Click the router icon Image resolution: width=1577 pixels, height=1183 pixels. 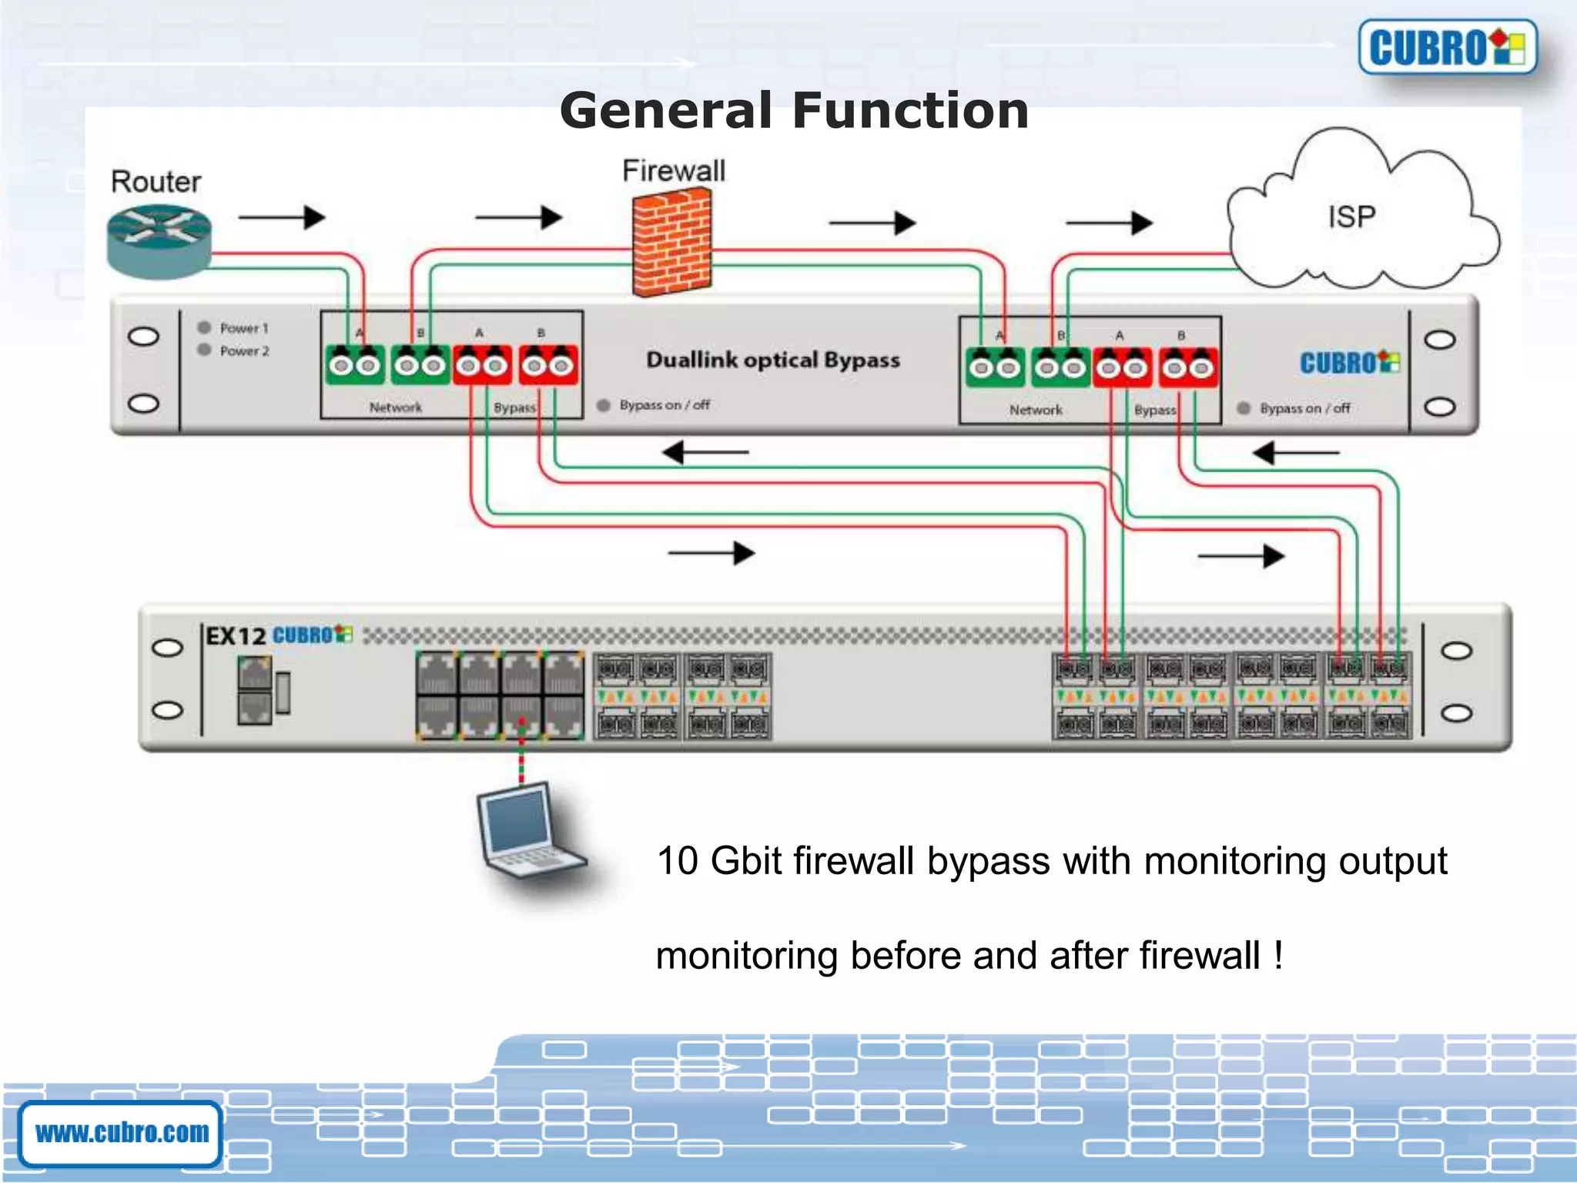pyautogui.click(x=159, y=240)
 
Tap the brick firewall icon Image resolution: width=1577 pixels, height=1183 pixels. pyautogui.click(x=672, y=243)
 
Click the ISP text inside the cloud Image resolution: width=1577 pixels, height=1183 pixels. pyautogui.click(x=1351, y=216)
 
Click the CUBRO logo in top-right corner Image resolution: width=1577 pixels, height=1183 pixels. pyautogui.click(x=1447, y=48)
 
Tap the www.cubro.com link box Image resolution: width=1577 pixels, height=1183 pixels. pyautogui.click(x=122, y=1133)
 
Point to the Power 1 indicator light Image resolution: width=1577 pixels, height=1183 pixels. pyautogui.click(x=204, y=327)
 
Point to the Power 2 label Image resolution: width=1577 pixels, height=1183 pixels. pyautogui.click(x=244, y=351)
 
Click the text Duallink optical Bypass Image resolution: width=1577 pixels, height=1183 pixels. pyautogui.click(x=772, y=360)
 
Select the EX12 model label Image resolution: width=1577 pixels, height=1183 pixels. pyautogui.click(x=236, y=636)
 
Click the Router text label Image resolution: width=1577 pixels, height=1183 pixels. pyautogui.click(x=156, y=182)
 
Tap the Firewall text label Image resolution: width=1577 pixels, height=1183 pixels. pyautogui.click(x=674, y=171)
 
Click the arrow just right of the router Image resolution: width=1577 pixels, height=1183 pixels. pyautogui.click(x=282, y=217)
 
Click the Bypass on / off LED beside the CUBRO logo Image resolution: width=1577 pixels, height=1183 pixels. pyautogui.click(x=1244, y=408)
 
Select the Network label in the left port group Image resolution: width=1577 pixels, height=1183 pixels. pyautogui.click(x=395, y=407)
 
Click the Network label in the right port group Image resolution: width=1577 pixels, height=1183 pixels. pyautogui.click(x=1036, y=411)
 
